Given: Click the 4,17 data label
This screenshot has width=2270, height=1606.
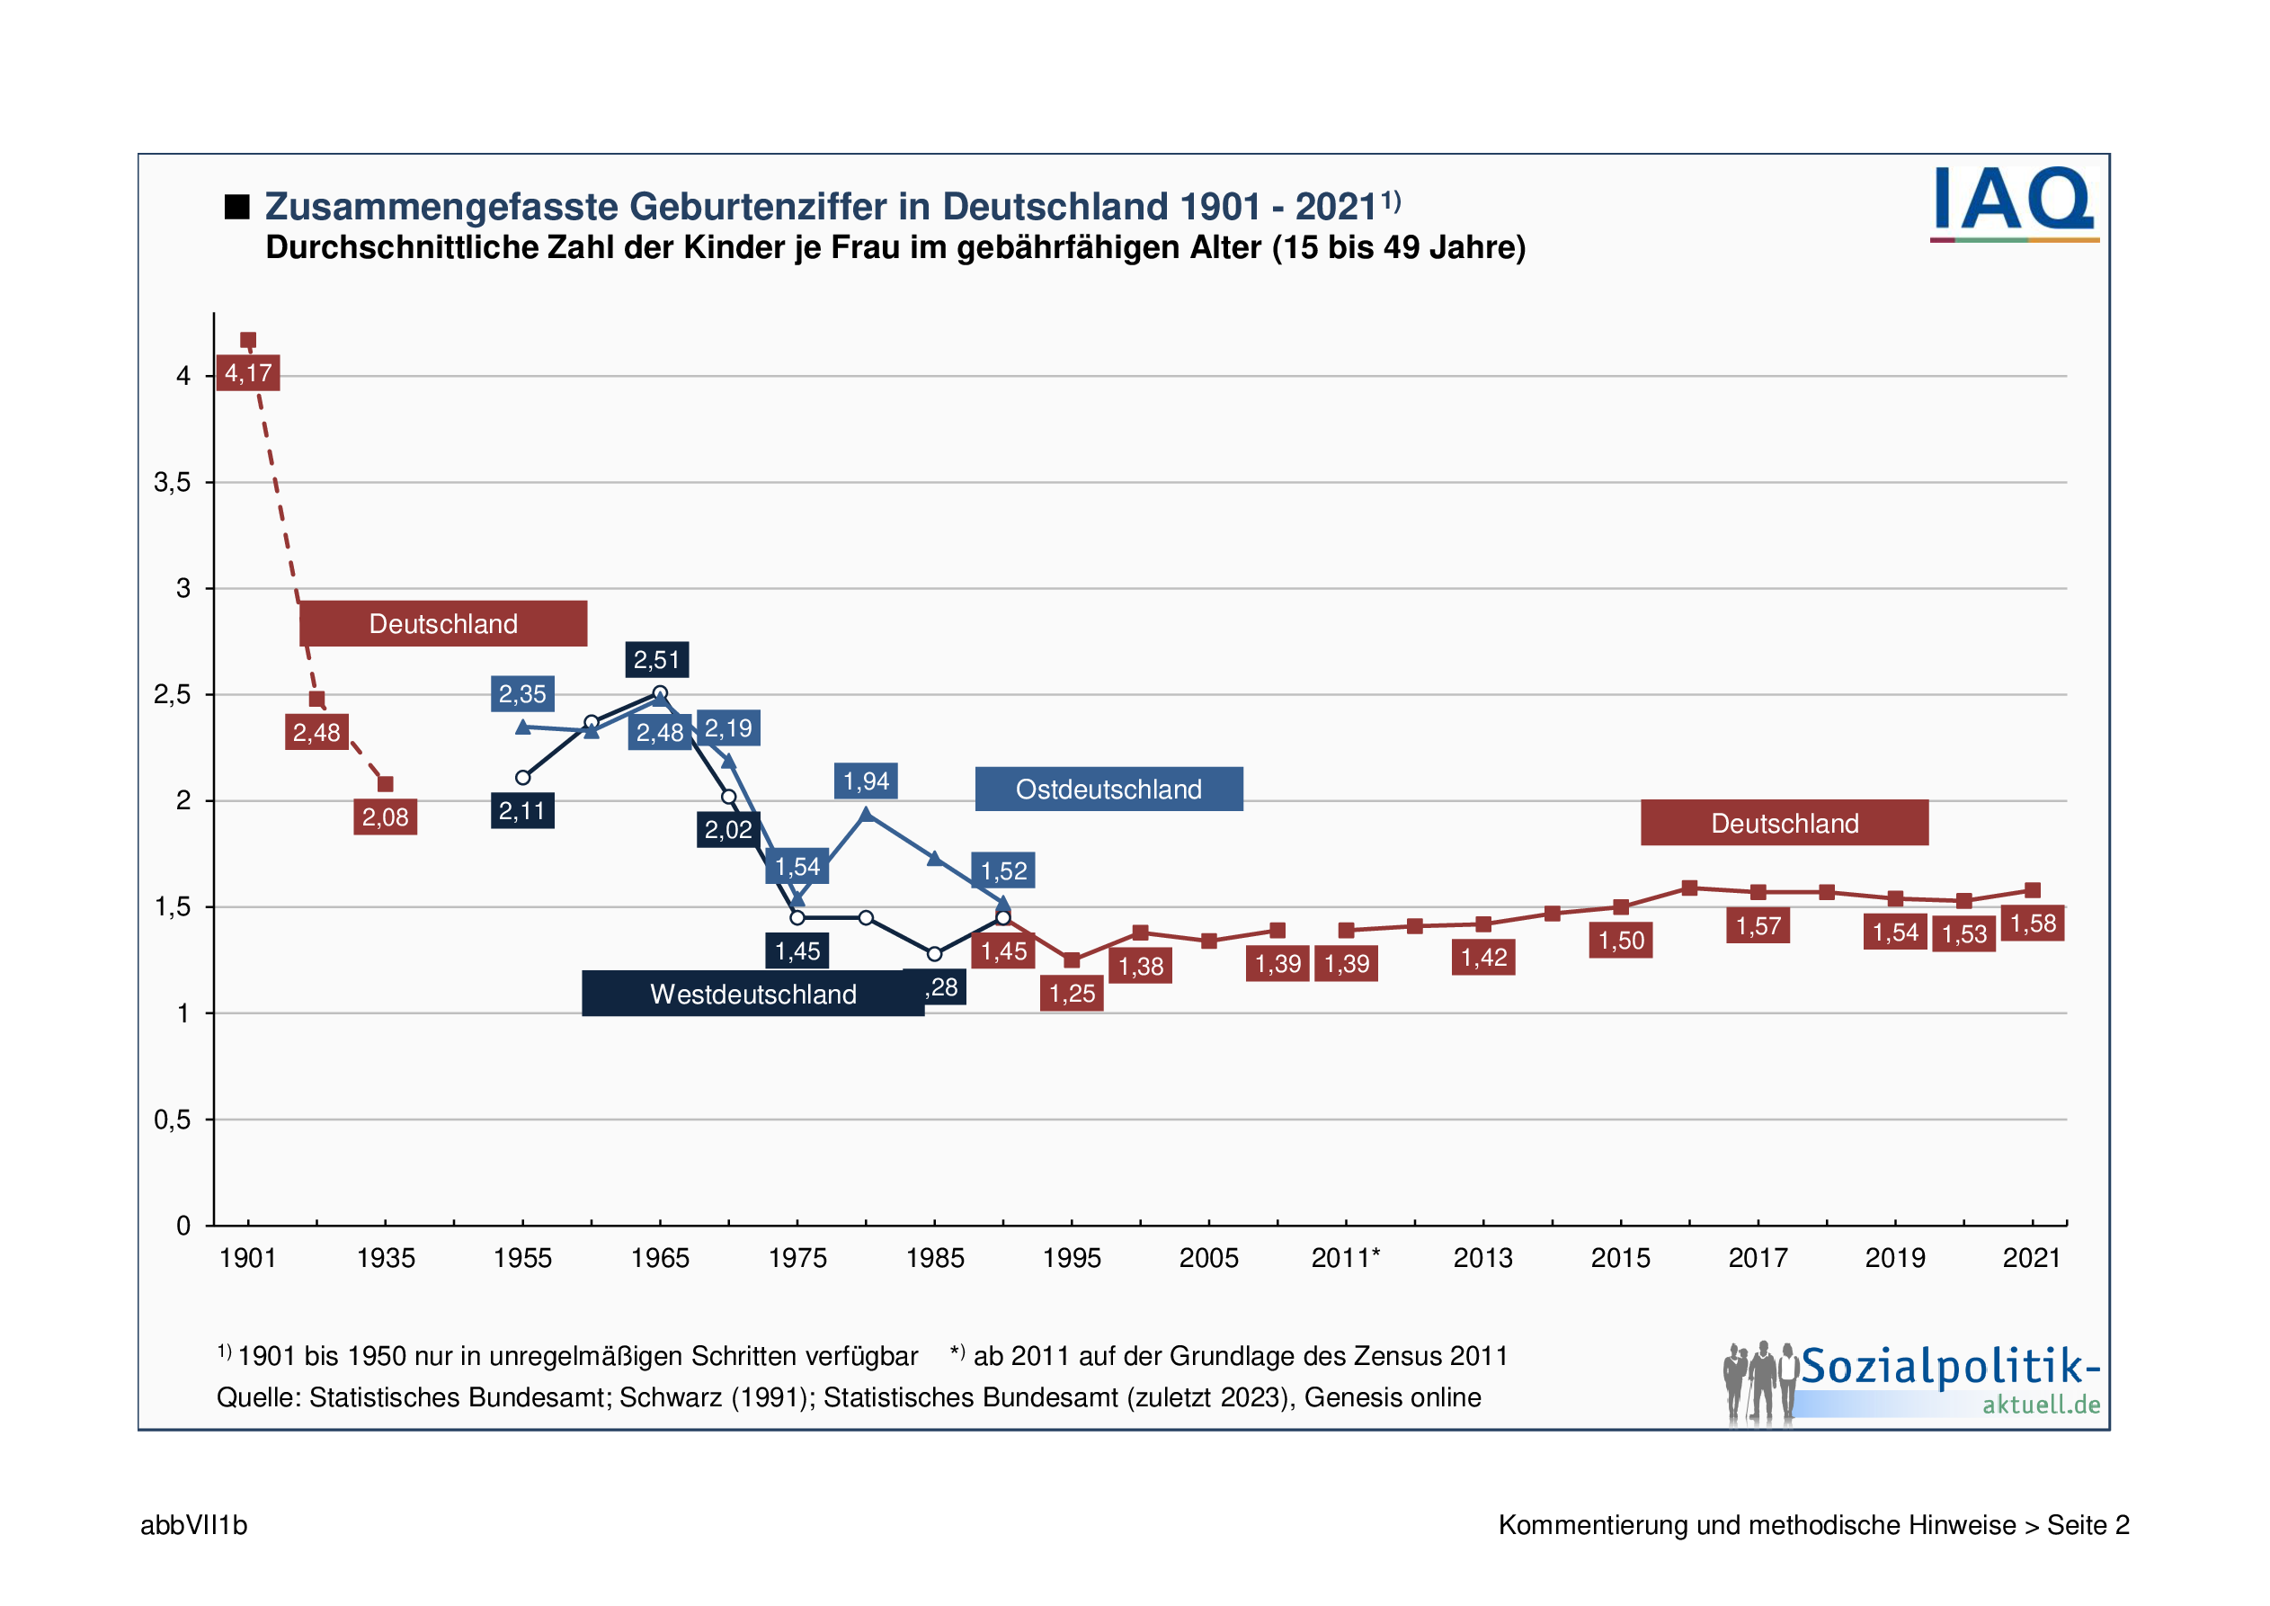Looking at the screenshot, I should point(247,373).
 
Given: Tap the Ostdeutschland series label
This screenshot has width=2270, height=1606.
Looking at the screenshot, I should point(1108,790).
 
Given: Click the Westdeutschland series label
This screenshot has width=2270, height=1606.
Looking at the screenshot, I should point(752,994).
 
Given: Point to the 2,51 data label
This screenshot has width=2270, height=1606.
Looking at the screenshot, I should point(656,660).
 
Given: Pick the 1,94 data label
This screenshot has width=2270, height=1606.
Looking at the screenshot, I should point(865,781).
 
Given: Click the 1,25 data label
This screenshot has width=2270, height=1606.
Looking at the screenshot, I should point(1071,993).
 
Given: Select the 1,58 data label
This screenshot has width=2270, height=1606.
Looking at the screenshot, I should point(2032,923).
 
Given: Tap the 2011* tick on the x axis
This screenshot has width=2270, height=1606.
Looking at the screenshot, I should point(1345,1258).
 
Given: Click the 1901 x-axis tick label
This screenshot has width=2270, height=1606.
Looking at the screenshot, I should point(247,1258).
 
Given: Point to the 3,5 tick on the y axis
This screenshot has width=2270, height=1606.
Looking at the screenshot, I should point(172,483).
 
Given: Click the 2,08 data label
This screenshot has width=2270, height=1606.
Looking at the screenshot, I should point(385,816).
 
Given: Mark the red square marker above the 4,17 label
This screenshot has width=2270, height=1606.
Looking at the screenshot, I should point(248,340).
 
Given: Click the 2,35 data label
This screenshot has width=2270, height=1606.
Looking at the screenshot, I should point(522,694).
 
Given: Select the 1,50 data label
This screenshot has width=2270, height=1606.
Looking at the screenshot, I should point(1620,941).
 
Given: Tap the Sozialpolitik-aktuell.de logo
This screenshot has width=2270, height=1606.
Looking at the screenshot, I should point(1914,1382).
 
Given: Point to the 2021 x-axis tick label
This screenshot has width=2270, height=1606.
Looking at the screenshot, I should point(2032,1258).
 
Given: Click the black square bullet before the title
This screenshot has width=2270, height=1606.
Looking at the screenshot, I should point(236,207).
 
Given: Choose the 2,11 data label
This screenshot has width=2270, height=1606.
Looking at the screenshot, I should point(522,811).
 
